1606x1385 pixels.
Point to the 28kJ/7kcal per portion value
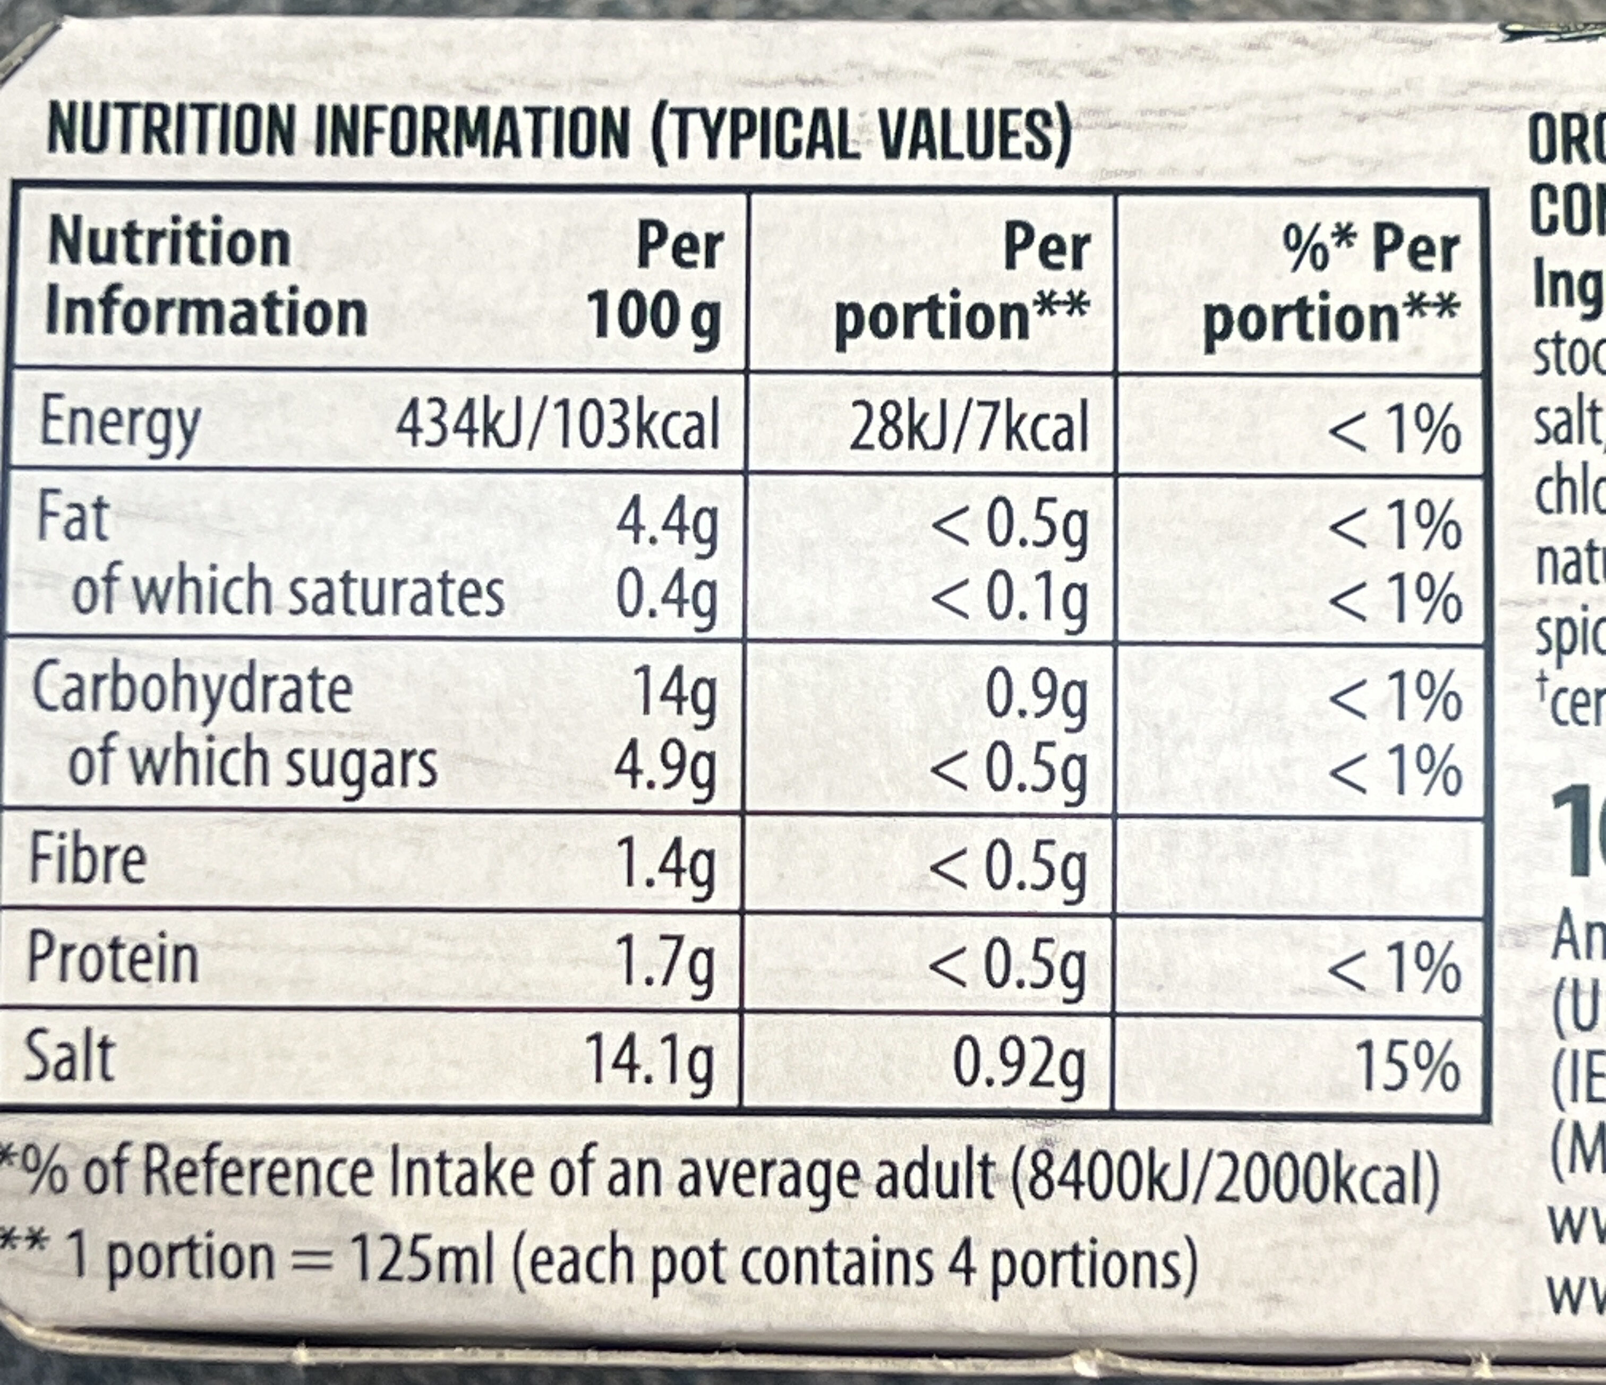pos(969,427)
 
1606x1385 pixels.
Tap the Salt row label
pos(70,1057)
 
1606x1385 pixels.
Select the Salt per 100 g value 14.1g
pos(650,1061)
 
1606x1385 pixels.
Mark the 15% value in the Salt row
pos(1407,1066)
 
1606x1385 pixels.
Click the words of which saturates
pos(288,593)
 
